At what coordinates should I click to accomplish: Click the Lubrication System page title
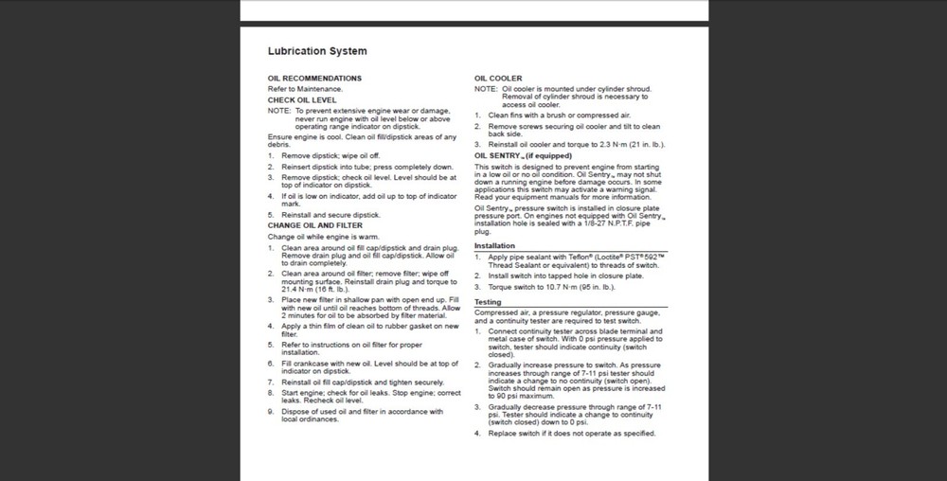(x=317, y=51)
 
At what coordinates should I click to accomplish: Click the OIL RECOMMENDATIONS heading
(x=314, y=78)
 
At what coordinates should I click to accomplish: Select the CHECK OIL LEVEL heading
(x=302, y=98)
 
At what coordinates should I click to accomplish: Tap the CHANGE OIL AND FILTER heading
(x=315, y=226)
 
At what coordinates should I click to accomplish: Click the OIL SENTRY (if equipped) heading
(x=524, y=154)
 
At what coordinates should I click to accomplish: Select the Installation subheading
(x=494, y=245)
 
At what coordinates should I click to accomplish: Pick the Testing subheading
(x=488, y=302)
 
